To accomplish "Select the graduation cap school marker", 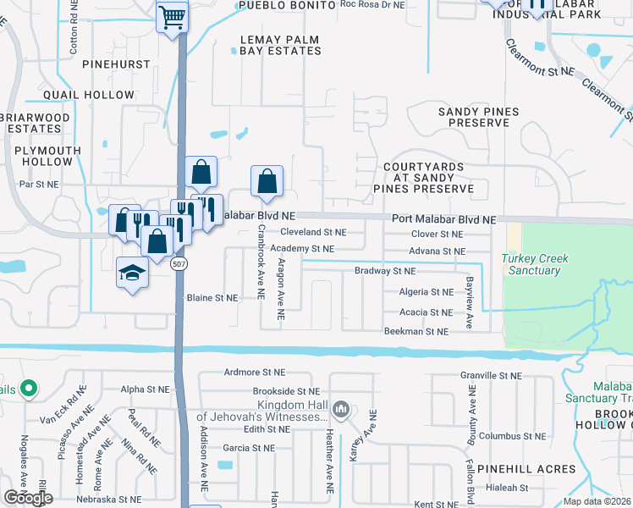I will (x=132, y=273).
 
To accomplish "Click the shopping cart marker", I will (x=172, y=16).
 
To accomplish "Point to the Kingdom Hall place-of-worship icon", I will (x=340, y=410).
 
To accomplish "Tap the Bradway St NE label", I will (x=385, y=272).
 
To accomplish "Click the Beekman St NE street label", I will (x=416, y=332).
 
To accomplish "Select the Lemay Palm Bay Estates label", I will (x=281, y=45).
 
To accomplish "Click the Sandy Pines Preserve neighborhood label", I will (x=473, y=117).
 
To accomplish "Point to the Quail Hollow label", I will (x=77, y=95).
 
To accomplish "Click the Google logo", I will (x=28, y=498).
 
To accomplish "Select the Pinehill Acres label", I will (x=525, y=468).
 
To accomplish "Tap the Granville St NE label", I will (x=492, y=375).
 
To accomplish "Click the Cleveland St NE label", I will (x=313, y=232).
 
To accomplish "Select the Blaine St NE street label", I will (x=213, y=298).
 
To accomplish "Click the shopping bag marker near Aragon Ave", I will (x=267, y=181).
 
